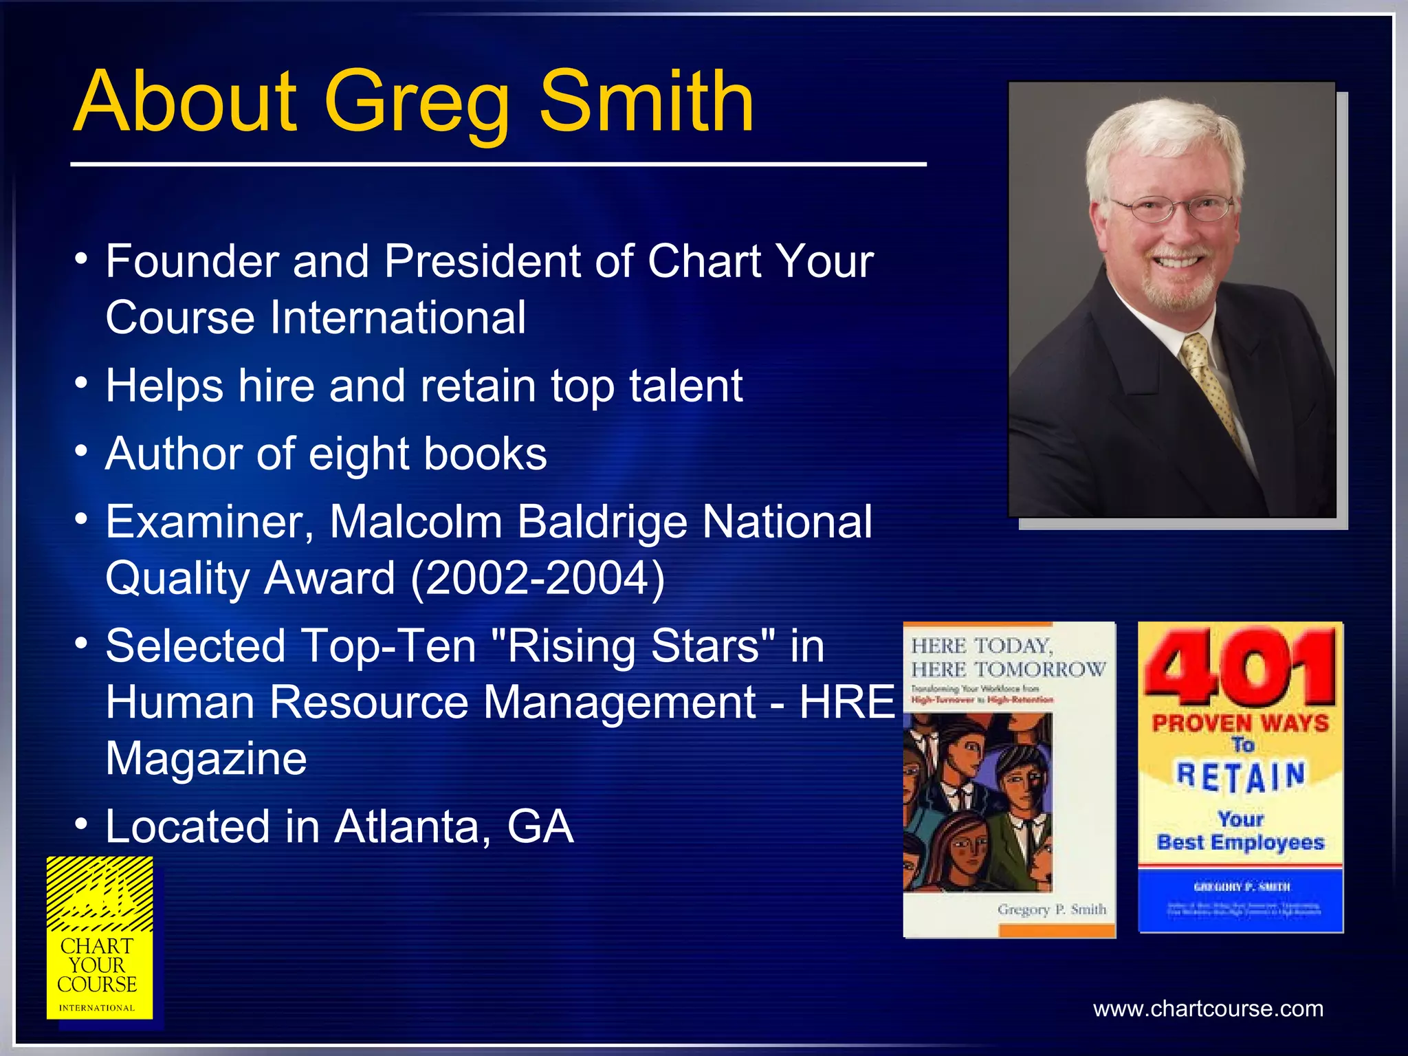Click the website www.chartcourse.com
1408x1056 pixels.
click(x=1208, y=1009)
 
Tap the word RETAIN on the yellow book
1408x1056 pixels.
click(x=1241, y=777)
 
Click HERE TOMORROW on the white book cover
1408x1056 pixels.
click(x=1008, y=670)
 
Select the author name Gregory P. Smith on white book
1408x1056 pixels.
click(x=1052, y=910)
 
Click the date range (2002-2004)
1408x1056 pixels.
click(x=538, y=578)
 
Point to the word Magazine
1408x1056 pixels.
click(x=206, y=759)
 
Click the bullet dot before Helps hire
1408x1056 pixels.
click(x=82, y=382)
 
